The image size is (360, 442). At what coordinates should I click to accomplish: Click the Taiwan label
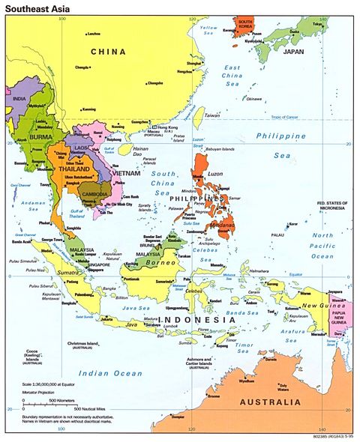(212, 115)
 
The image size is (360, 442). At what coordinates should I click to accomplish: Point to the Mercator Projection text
(38, 393)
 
